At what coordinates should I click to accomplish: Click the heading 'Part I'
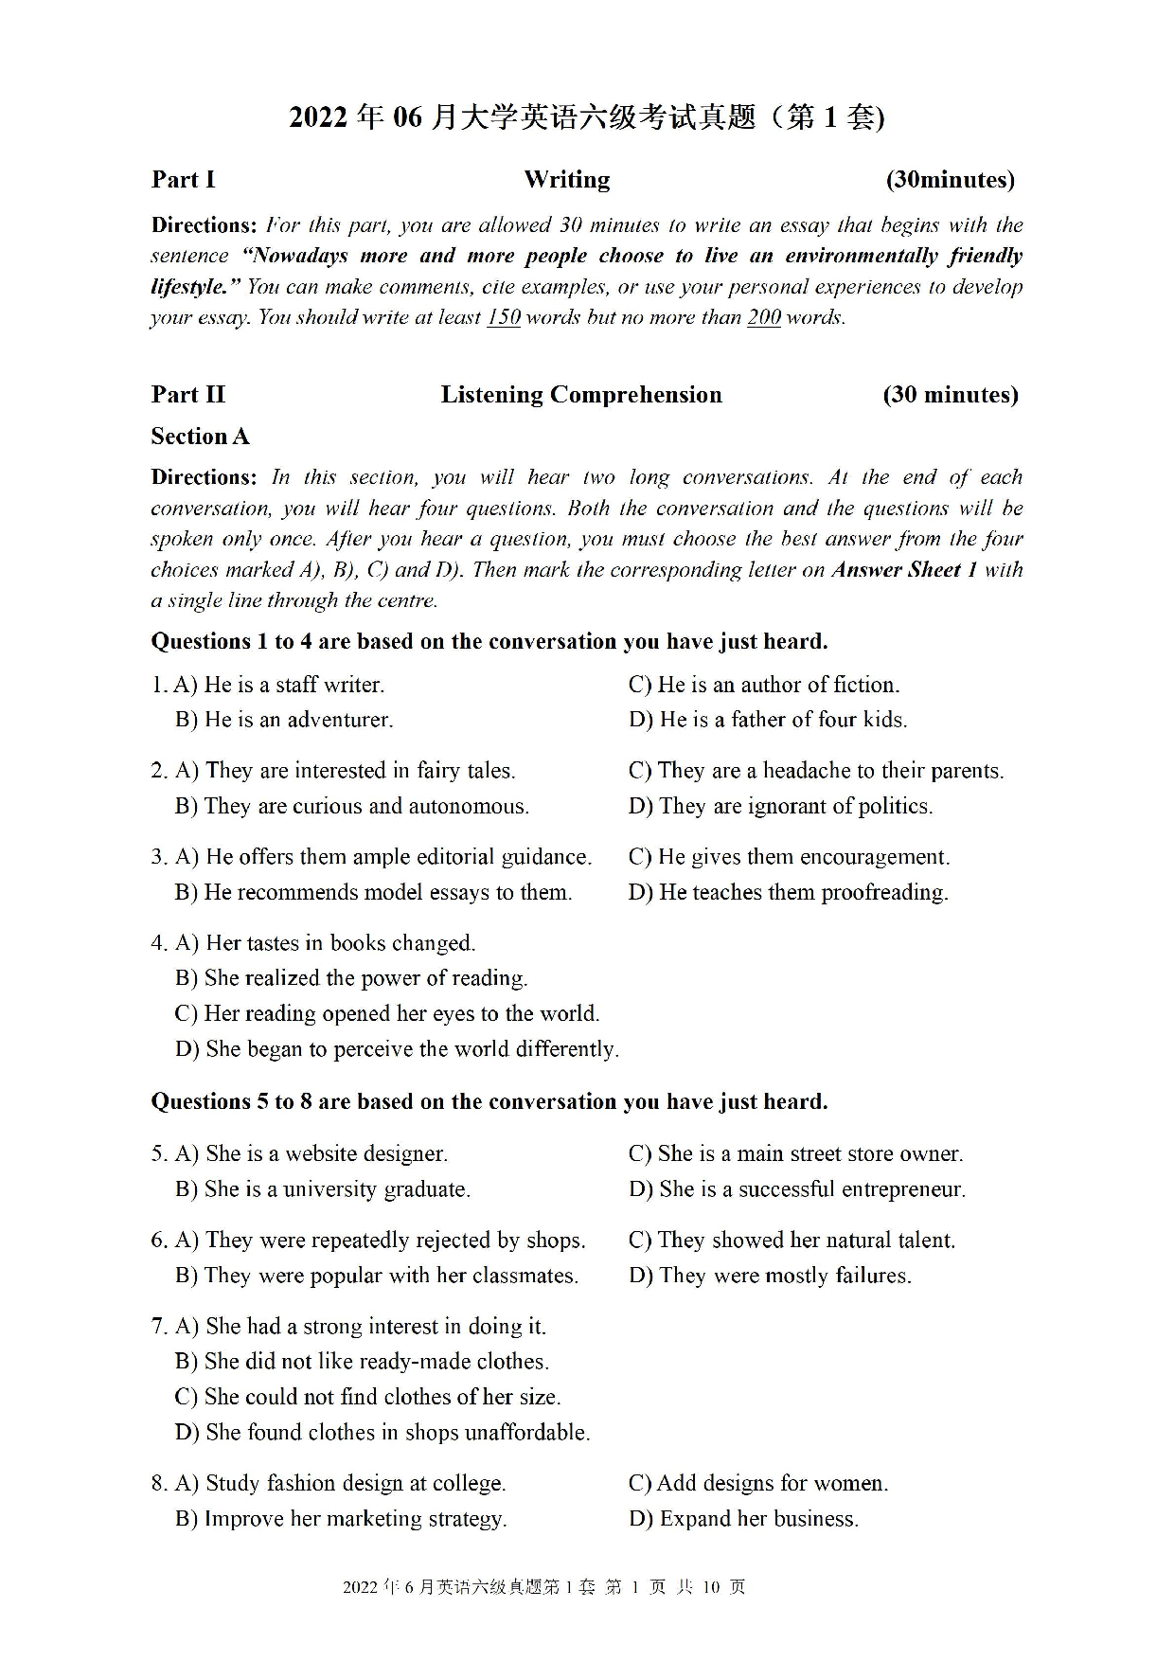183,180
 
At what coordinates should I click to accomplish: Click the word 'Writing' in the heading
566,180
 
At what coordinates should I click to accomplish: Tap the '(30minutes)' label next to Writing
950,180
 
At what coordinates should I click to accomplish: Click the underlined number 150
504,317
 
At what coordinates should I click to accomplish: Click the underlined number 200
763,317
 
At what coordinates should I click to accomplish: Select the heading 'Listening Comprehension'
580,395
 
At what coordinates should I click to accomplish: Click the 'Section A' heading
200,437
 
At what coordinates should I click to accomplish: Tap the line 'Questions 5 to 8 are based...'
489,1101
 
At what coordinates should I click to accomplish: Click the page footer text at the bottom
543,1587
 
